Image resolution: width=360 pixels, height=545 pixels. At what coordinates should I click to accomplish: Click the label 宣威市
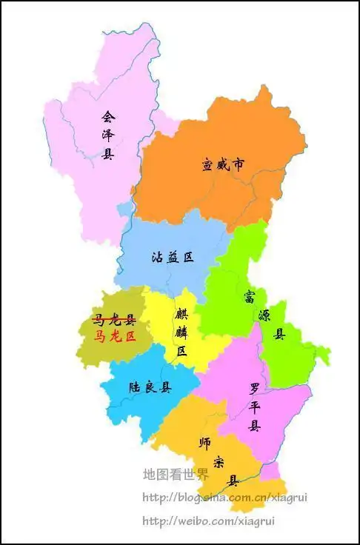point(223,165)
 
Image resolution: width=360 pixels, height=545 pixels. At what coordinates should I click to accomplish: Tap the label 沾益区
point(172,258)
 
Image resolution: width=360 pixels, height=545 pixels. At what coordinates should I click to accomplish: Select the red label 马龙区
point(115,336)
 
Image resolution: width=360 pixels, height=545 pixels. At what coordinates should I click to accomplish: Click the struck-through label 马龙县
point(114,320)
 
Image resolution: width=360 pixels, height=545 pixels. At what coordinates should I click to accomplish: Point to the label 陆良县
point(150,387)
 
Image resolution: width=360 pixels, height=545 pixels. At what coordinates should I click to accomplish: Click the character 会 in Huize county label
point(108,117)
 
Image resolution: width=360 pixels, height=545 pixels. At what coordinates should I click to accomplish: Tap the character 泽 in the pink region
point(108,136)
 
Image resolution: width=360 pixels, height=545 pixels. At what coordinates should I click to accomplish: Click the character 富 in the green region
point(250,297)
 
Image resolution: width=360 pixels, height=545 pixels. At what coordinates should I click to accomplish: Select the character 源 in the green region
point(264,315)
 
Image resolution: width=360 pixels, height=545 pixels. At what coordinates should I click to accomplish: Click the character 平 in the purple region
point(255,407)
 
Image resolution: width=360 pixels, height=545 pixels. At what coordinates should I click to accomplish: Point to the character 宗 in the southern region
point(219,462)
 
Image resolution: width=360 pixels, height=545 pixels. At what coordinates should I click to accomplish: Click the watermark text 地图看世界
point(176,475)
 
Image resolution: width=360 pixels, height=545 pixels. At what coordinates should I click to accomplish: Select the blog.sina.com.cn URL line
point(224,498)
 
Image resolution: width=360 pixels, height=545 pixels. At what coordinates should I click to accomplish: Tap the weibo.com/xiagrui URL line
point(208,521)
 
